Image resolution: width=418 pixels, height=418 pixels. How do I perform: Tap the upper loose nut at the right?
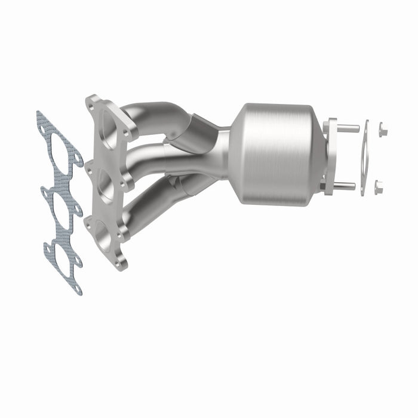382,128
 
